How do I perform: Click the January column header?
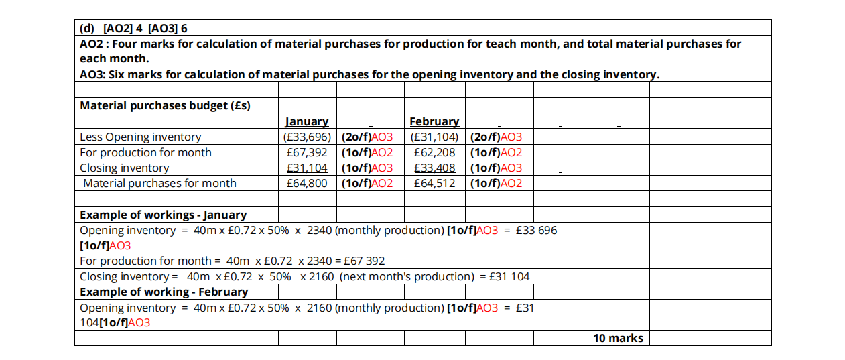(307, 121)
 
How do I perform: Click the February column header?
(434, 121)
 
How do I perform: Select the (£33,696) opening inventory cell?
(307, 137)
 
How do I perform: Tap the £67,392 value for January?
(307, 152)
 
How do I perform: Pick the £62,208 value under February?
(434, 152)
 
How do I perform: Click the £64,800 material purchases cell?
(307, 183)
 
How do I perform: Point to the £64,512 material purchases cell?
(434, 183)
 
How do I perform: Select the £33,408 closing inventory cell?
(434, 168)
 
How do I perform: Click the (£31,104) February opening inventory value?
(434, 137)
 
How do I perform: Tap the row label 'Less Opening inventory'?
(140, 137)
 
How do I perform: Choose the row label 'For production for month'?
(145, 152)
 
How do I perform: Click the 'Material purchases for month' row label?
(159, 183)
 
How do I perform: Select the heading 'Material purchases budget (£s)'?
(165, 105)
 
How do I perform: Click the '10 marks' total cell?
(618, 338)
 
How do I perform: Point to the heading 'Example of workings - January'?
(163, 215)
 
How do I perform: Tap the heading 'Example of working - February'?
(164, 292)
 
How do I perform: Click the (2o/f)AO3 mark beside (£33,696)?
(367, 137)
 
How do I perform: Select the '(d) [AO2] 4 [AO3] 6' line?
(133, 28)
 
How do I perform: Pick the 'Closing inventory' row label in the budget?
(124, 168)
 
